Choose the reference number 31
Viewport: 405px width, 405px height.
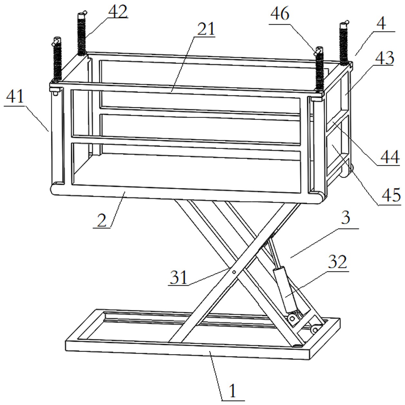coord(178,277)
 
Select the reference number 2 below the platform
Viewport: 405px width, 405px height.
coord(102,220)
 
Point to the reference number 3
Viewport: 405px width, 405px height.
coord(345,217)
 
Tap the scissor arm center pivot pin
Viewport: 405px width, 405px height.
coord(234,272)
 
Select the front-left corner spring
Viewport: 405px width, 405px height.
coord(57,60)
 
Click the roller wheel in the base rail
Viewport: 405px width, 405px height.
coord(315,330)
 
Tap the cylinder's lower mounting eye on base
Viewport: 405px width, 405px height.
coord(292,319)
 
